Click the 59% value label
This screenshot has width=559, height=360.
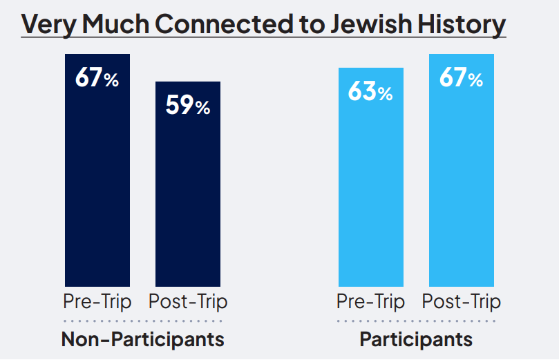(x=187, y=106)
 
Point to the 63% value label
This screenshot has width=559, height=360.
(x=370, y=92)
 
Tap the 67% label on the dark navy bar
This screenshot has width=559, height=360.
(x=97, y=77)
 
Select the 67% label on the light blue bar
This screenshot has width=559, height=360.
(x=461, y=77)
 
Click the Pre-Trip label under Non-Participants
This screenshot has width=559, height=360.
(x=97, y=302)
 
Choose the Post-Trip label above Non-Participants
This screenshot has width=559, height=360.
(x=187, y=302)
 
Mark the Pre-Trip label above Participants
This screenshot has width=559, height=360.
(x=370, y=302)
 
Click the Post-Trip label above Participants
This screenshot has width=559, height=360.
(x=461, y=302)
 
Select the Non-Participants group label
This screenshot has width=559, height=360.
(x=142, y=339)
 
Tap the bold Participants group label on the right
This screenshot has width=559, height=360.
(x=416, y=339)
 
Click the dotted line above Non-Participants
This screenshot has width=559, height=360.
(x=142, y=321)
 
